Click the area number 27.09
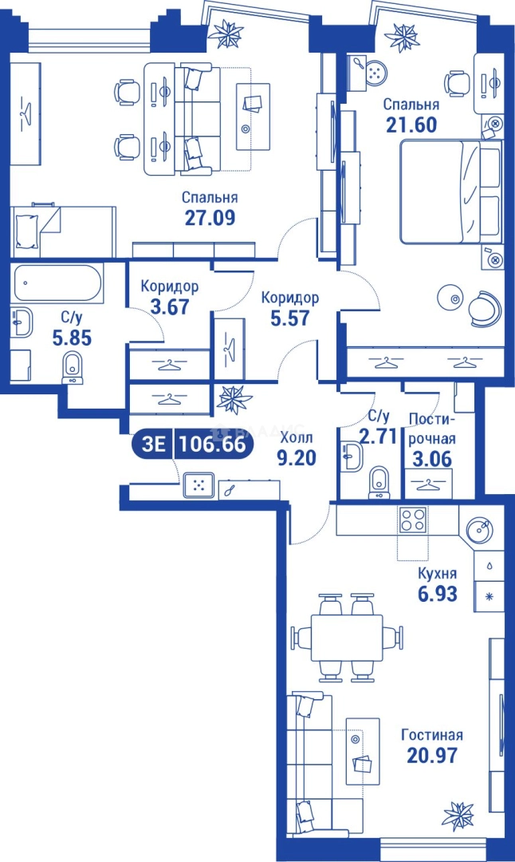click(210, 218)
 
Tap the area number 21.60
click(412, 125)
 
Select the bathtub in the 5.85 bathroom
click(57, 283)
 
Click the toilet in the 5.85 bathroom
click(73, 367)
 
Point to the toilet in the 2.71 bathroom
click(379, 482)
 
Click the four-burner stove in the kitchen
click(413, 520)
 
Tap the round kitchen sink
click(481, 530)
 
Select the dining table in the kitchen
click(347, 637)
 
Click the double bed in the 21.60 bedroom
click(450, 191)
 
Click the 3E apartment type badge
click(154, 445)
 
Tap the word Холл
click(296, 437)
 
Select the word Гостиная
click(431, 735)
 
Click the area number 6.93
click(437, 594)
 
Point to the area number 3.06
click(432, 458)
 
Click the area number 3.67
click(170, 306)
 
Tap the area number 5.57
click(290, 318)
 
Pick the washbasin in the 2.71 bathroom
click(350, 457)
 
